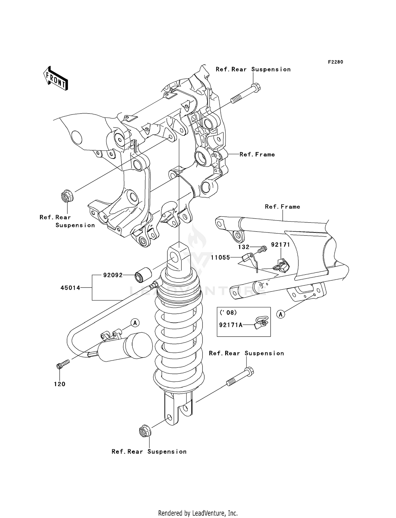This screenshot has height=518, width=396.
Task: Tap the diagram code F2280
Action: coord(335,62)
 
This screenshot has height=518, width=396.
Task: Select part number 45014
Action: coord(70,288)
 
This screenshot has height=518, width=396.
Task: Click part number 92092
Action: coord(113,275)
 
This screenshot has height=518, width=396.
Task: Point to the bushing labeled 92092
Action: coord(143,275)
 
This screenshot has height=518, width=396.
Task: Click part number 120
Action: coord(60,384)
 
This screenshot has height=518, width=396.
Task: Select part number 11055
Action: coord(220,257)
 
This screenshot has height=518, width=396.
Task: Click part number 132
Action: coord(243,247)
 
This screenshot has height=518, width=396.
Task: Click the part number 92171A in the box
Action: coord(231,325)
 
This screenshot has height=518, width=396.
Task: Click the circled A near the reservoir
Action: coord(135,323)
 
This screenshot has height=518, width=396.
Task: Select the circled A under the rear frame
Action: coord(281,314)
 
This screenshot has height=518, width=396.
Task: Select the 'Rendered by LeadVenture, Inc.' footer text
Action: coord(198,513)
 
